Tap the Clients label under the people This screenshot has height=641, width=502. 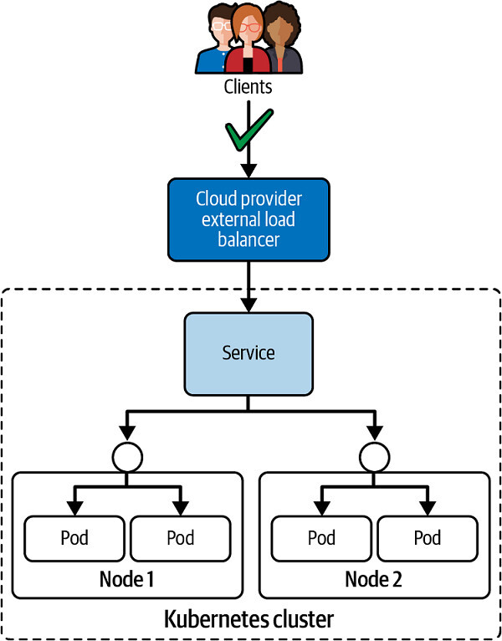pyautogui.click(x=248, y=86)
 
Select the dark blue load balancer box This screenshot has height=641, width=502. pyautogui.click(x=248, y=218)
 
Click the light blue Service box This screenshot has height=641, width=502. pyautogui.click(x=248, y=352)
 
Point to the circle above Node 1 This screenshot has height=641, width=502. pyautogui.click(x=127, y=456)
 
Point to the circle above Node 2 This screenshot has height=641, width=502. pyautogui.click(x=372, y=456)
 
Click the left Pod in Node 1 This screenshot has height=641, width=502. pyautogui.click(x=74, y=536)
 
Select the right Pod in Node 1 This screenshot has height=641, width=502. pyautogui.click(x=180, y=536)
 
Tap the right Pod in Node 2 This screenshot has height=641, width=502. pyautogui.click(x=426, y=536)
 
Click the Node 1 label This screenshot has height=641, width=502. pyautogui.click(x=127, y=579)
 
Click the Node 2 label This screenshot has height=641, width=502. pyautogui.click(x=373, y=579)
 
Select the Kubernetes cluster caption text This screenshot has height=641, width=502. pyautogui.click(x=248, y=620)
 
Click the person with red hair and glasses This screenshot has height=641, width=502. pyautogui.click(x=248, y=38)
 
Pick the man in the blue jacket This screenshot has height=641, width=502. pyautogui.click(x=214, y=42)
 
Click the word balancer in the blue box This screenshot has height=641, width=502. pyautogui.click(x=248, y=238)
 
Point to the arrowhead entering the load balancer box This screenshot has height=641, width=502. pyautogui.click(x=248, y=170)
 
